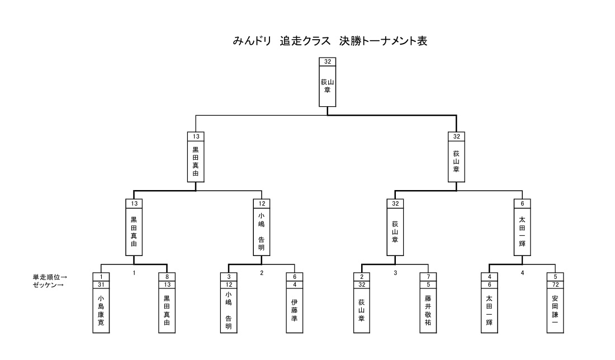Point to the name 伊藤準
tap(294, 310)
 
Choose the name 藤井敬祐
tap(428, 310)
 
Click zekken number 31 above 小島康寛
tap(101, 284)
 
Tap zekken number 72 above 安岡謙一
tap(555, 284)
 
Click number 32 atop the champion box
tap(327, 61)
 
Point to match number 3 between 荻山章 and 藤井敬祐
tap(395, 273)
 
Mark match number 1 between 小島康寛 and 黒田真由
tap(134, 273)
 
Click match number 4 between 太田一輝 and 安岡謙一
tap(523, 273)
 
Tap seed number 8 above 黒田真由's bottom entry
tap(167, 276)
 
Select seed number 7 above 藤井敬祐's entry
tap(428, 276)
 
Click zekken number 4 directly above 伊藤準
tap(294, 284)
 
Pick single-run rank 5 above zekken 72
tap(555, 276)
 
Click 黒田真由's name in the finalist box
tap(195, 162)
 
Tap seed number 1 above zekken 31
tap(101, 276)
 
